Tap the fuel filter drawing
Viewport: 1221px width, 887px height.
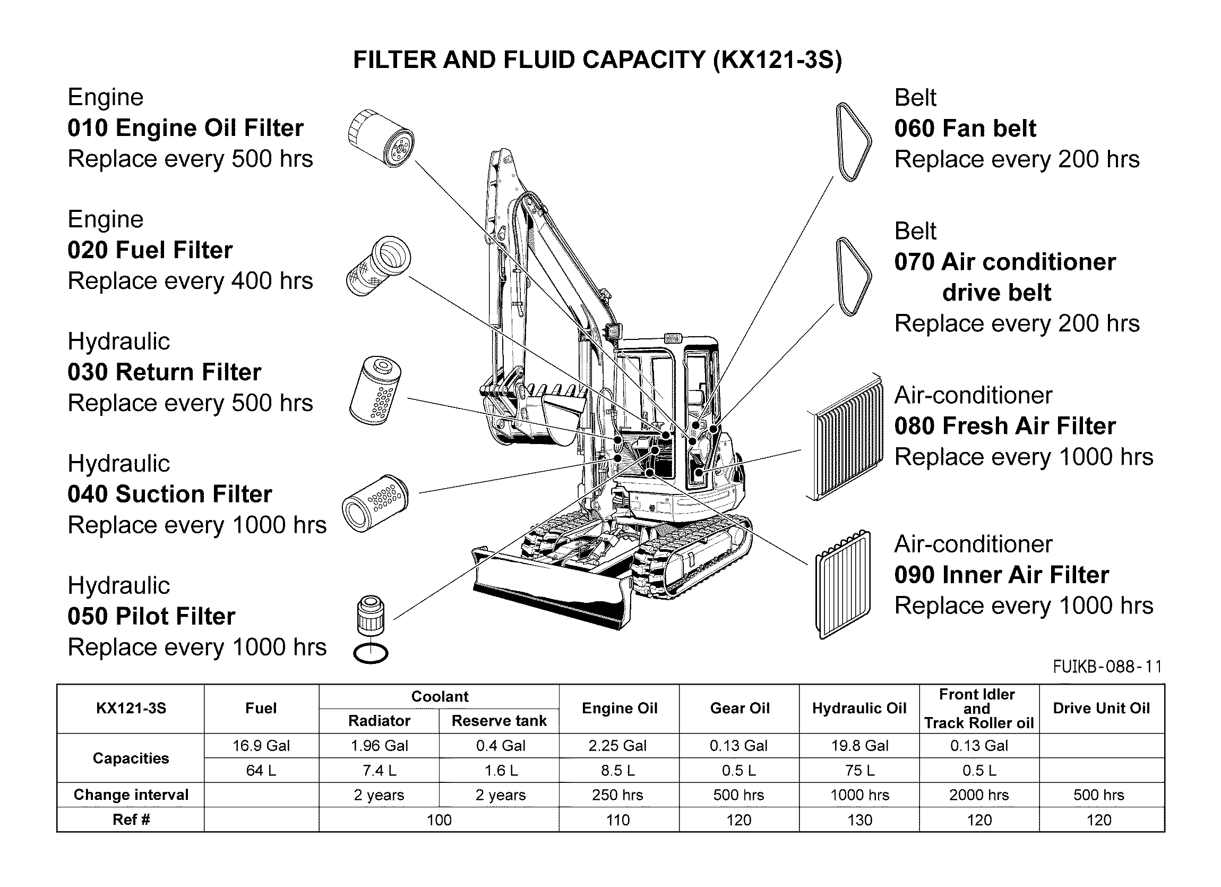tap(378, 266)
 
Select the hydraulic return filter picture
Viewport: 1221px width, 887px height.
tap(375, 390)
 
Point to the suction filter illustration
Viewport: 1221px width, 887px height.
tap(375, 504)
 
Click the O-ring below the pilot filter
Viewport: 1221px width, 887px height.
tap(371, 653)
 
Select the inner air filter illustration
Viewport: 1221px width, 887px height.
tap(843, 584)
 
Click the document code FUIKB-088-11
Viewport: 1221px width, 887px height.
tap(1107, 667)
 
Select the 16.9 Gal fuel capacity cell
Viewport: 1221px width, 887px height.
tap(261, 745)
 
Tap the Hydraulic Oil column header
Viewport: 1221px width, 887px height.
tap(859, 708)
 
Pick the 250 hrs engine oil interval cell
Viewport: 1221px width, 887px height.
tap(617, 795)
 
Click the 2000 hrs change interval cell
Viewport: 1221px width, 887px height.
tap(979, 795)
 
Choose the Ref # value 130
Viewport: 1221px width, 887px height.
tap(859, 820)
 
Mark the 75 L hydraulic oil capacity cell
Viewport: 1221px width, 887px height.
tap(859, 770)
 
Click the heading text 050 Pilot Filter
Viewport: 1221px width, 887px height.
tap(151, 616)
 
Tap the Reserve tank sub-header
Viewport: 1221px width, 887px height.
tap(499, 721)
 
